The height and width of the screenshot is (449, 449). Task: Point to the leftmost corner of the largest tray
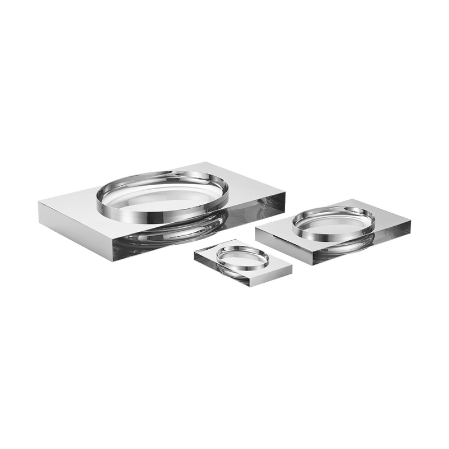(39, 198)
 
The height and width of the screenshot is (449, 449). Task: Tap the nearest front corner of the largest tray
(113, 239)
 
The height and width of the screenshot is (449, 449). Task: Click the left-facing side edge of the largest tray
(75, 227)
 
